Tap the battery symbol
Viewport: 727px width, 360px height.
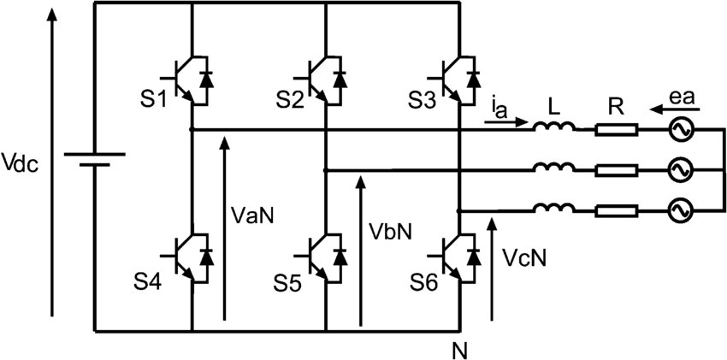tap(95, 160)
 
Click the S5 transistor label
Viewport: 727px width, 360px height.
tap(287, 283)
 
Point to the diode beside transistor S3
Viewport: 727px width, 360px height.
tap(473, 80)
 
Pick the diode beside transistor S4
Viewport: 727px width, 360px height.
tap(207, 257)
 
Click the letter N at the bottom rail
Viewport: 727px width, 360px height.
tap(459, 350)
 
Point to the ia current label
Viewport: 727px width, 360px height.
tap(499, 111)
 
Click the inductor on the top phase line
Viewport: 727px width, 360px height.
tap(554, 126)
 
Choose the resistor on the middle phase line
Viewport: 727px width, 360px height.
tap(617, 171)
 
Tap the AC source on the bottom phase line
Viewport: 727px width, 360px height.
tap(680, 211)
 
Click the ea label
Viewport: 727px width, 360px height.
tap(680, 98)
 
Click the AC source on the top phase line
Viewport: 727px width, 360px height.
tap(680, 131)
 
